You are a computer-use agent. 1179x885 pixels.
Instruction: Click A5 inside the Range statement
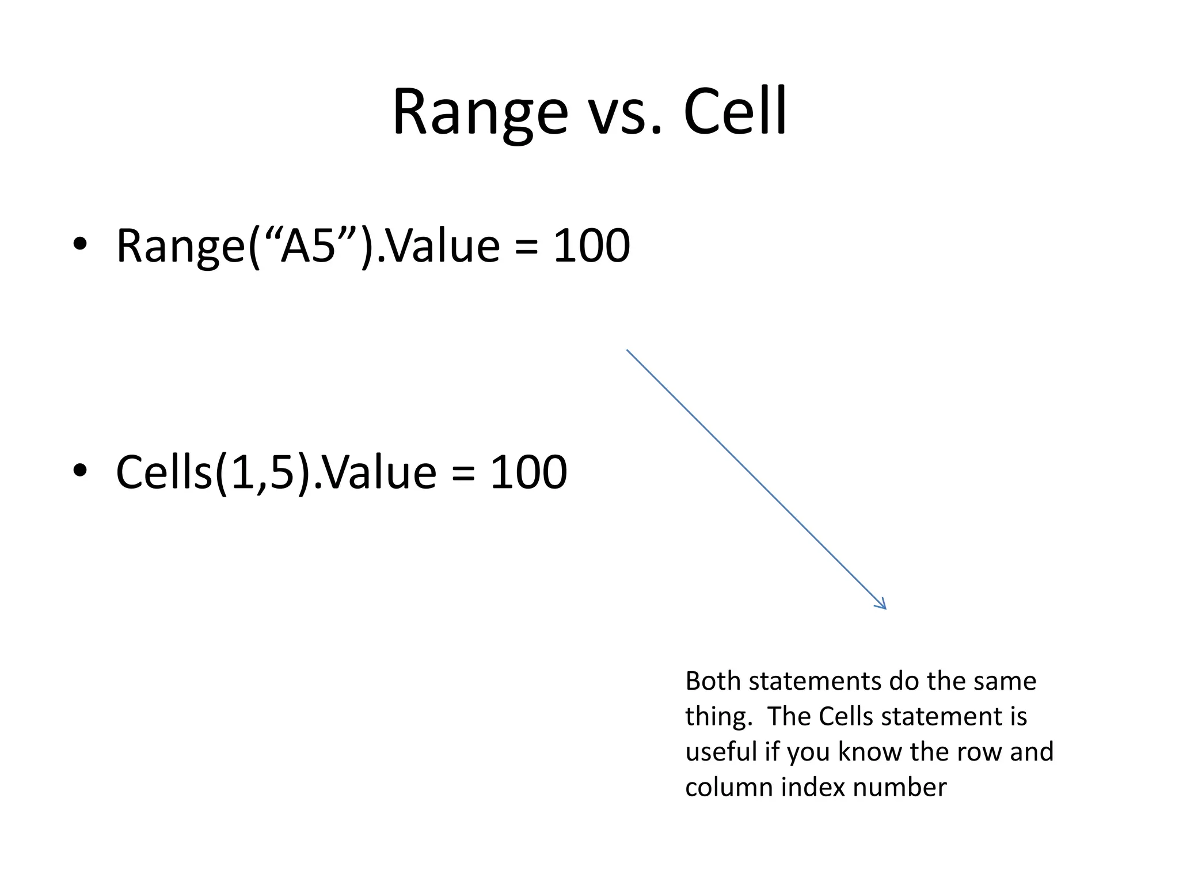point(307,245)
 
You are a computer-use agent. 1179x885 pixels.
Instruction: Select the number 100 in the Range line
point(591,245)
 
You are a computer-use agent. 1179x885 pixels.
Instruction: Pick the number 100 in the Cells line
point(528,472)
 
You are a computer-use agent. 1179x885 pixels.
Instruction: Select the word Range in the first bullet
point(181,247)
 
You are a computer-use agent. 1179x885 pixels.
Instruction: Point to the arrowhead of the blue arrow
point(882,605)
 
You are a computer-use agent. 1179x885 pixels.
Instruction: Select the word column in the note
point(728,788)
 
